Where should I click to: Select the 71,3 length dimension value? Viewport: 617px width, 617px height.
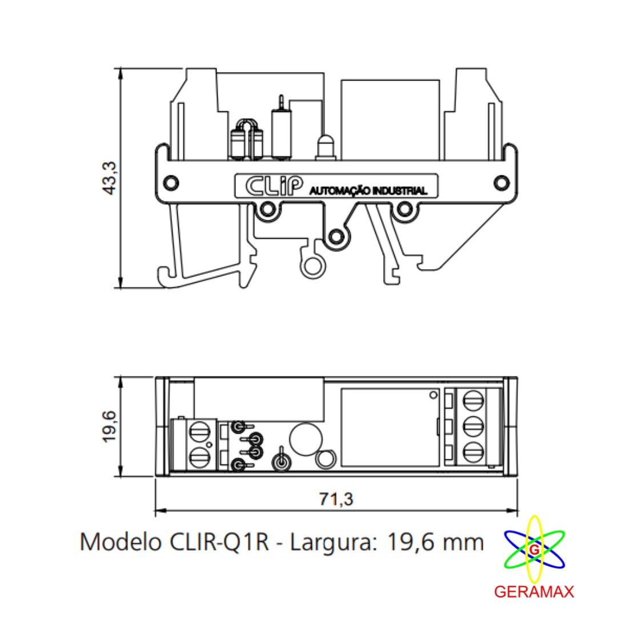tap(336, 499)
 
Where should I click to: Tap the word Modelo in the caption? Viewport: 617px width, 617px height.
tap(121, 542)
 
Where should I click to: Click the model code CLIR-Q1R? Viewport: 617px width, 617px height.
tap(220, 542)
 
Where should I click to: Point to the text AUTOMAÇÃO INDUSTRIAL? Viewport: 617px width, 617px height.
tap(367, 190)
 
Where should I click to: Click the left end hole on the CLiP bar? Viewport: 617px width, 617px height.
tap(170, 182)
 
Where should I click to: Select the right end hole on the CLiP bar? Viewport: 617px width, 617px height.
tap(501, 182)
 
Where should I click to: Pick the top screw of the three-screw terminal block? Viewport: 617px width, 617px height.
tap(473, 399)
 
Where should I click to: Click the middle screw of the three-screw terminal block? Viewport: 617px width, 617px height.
tap(473, 426)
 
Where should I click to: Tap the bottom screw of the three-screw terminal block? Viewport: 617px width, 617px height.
tap(473, 452)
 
